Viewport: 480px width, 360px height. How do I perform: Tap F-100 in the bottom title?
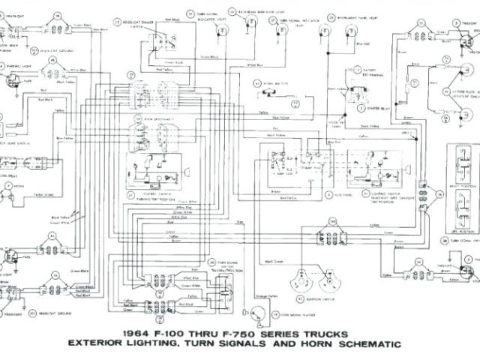pos(175,332)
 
